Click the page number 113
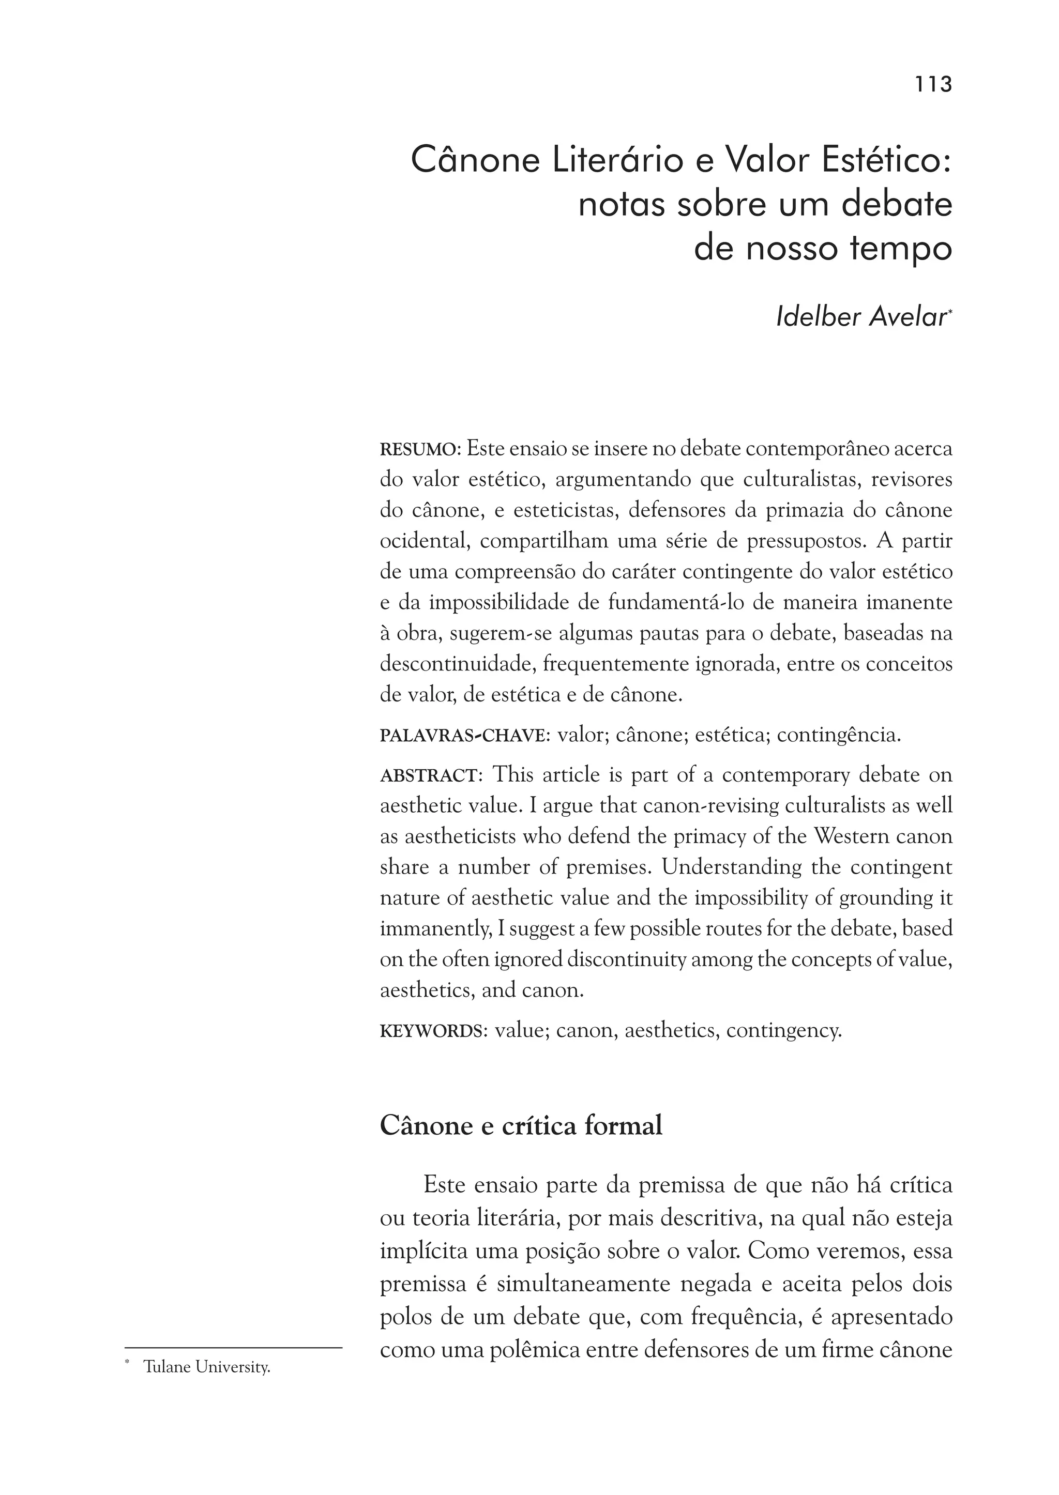[x=933, y=85]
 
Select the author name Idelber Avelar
[x=861, y=317]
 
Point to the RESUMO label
[x=420, y=450]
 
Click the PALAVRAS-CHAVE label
[x=462, y=736]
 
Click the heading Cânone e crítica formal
[x=521, y=1126]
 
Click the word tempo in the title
[x=901, y=249]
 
